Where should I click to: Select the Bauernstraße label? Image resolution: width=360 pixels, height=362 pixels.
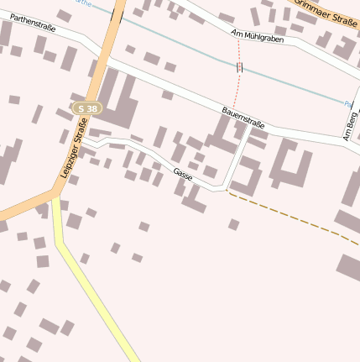[x=243, y=118]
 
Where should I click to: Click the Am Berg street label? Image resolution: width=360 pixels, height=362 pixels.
[x=348, y=125]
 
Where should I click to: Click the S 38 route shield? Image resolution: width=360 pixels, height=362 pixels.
[x=86, y=108]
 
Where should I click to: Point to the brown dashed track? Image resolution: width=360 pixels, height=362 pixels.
[x=294, y=217]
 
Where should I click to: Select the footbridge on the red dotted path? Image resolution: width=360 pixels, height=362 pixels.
[x=239, y=66]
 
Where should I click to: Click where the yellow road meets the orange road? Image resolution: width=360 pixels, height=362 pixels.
[x=55, y=199]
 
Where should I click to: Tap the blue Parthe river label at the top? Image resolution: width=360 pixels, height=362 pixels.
[x=82, y=3]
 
